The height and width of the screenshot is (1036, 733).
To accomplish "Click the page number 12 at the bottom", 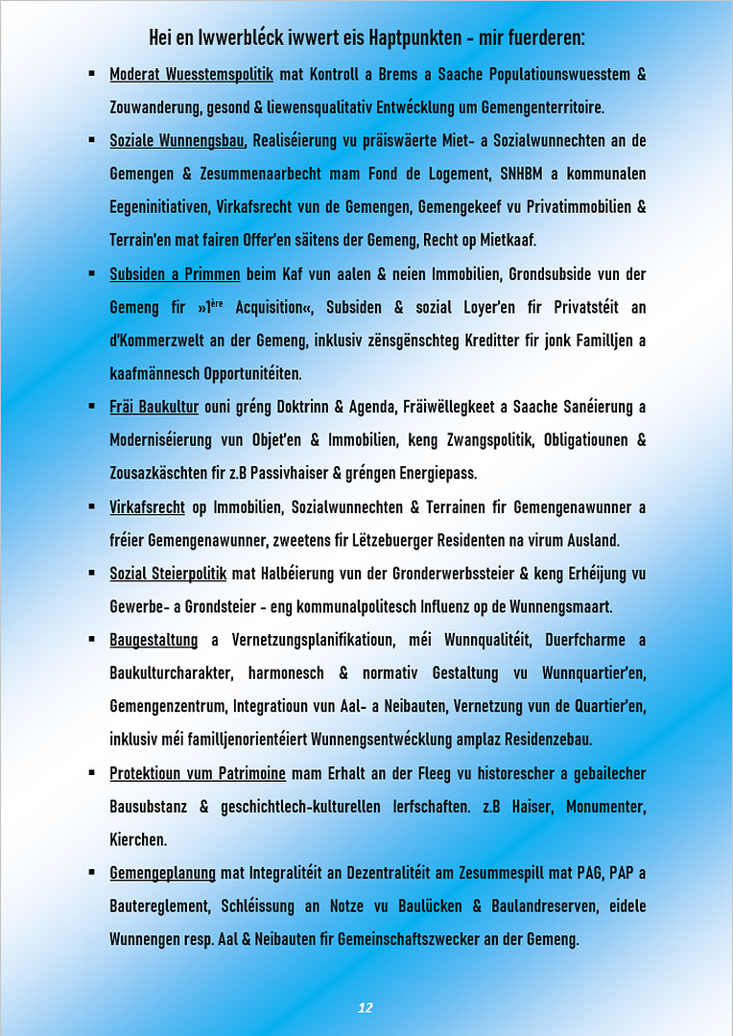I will (365, 1007).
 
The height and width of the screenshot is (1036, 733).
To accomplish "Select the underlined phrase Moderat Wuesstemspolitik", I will (192, 74).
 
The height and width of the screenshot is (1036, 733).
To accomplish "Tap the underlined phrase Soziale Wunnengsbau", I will (177, 141).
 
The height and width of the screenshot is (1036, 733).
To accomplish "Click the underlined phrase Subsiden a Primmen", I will (175, 274).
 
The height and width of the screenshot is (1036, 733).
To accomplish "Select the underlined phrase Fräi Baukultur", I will (154, 407).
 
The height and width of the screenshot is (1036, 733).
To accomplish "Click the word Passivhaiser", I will (300, 473).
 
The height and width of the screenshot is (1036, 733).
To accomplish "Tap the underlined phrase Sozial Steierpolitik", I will (168, 574).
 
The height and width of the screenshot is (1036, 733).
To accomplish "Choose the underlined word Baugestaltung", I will (154, 640).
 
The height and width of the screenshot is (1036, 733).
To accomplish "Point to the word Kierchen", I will (138, 839).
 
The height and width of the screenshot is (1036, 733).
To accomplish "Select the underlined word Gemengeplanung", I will (163, 873).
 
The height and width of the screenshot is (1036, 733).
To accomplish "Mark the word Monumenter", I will (606, 807).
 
